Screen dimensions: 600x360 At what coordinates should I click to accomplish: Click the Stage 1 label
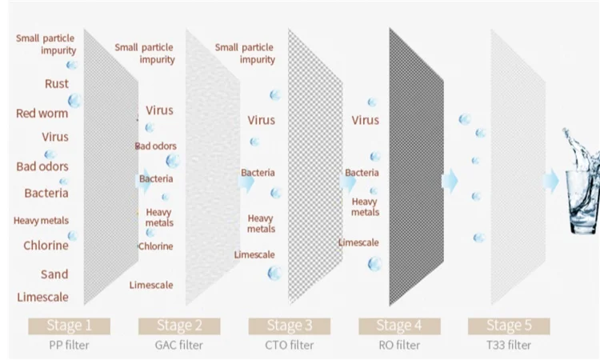click(68, 326)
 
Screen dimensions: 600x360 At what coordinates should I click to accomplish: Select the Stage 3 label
click(288, 326)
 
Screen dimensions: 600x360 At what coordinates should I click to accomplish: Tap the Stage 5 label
click(508, 326)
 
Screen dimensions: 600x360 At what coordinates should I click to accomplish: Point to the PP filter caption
click(68, 346)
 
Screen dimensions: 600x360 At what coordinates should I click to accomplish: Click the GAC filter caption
click(178, 346)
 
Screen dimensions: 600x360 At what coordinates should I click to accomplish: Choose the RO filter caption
click(398, 346)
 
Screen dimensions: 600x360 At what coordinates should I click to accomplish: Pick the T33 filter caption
click(508, 346)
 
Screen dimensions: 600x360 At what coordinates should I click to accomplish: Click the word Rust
click(57, 83)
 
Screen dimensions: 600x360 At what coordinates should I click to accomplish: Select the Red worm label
click(42, 113)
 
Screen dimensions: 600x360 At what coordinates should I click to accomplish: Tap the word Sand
click(54, 274)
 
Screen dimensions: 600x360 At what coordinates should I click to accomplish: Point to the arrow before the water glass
click(551, 182)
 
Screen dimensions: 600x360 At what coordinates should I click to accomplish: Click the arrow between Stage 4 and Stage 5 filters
click(450, 182)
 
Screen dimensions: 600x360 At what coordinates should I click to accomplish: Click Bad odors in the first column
click(42, 166)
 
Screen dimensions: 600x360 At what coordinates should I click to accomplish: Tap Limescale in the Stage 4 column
click(358, 242)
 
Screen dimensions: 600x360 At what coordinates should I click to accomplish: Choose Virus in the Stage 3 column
click(261, 120)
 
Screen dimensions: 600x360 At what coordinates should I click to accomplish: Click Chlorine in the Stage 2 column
click(155, 246)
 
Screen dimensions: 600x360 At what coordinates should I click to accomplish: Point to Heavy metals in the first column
click(42, 220)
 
